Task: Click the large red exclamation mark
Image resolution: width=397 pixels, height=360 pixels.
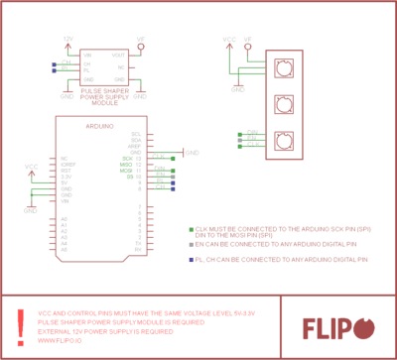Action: (x=21, y=325)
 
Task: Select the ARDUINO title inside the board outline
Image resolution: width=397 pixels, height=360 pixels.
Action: (x=102, y=128)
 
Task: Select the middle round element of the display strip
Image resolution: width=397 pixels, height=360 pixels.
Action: (x=286, y=102)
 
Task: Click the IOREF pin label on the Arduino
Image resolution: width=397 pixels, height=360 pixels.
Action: (x=67, y=165)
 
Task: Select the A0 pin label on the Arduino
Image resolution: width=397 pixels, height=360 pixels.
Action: (x=64, y=218)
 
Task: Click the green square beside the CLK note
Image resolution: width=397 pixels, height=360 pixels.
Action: (x=191, y=228)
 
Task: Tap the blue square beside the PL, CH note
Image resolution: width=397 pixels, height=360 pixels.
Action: (x=191, y=259)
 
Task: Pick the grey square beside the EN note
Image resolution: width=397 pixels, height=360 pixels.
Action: (x=191, y=244)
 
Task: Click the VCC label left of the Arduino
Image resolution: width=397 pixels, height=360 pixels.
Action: (x=31, y=168)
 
